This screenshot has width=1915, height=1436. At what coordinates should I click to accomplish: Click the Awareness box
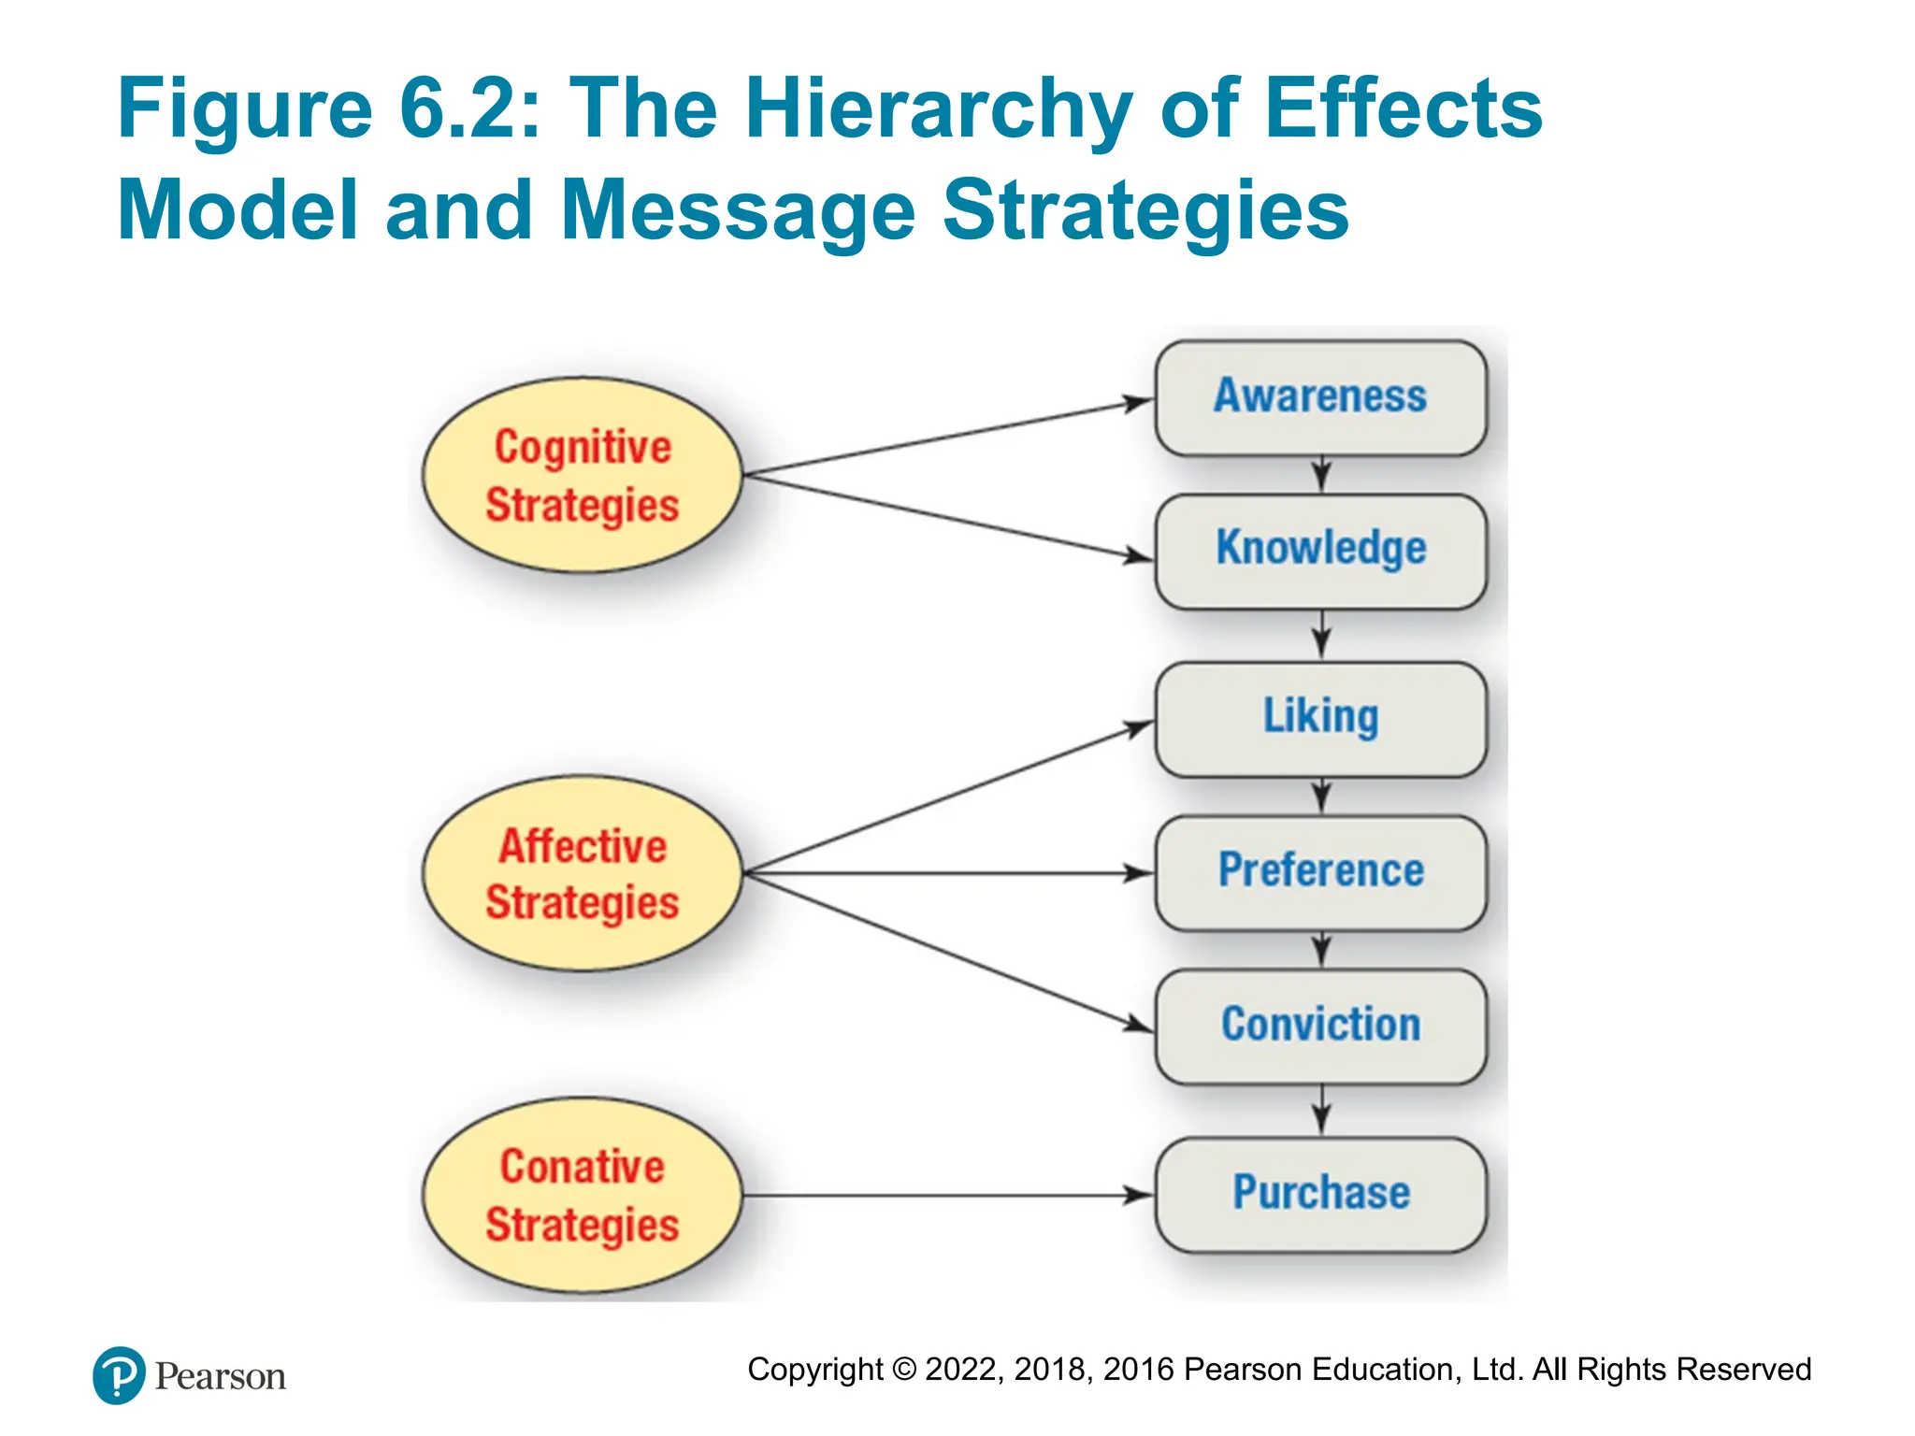click(x=1320, y=397)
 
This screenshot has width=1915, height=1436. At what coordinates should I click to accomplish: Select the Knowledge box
click(x=1320, y=551)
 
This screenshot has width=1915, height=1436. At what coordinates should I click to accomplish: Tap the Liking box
click(x=1320, y=719)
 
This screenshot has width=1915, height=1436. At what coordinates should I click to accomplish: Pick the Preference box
click(x=1320, y=872)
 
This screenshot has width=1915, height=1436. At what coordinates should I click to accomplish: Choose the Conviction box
click(x=1320, y=1026)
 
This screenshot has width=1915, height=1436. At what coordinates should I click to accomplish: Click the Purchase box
click(x=1320, y=1194)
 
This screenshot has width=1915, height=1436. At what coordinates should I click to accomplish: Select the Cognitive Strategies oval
click(x=582, y=476)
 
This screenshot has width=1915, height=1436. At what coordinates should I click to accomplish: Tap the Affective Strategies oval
click(x=582, y=873)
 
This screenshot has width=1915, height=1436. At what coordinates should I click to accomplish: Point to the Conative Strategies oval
click(x=582, y=1195)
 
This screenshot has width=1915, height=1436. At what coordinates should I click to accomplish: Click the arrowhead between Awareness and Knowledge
click(x=1320, y=476)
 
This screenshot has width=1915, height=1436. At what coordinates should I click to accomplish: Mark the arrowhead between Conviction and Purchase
click(x=1320, y=1117)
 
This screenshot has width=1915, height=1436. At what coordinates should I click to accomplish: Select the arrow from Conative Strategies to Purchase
click(x=944, y=1195)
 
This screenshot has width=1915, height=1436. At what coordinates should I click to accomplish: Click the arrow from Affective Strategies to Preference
click(x=944, y=873)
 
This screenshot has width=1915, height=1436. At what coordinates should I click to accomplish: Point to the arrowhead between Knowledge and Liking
click(x=1320, y=642)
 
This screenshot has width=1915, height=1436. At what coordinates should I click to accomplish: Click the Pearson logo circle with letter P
click(x=119, y=1375)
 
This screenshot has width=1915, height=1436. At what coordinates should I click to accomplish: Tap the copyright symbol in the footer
click(x=904, y=1370)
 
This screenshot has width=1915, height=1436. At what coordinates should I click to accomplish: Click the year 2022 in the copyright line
click(x=962, y=1370)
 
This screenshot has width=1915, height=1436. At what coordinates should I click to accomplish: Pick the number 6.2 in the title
click(x=458, y=110)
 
